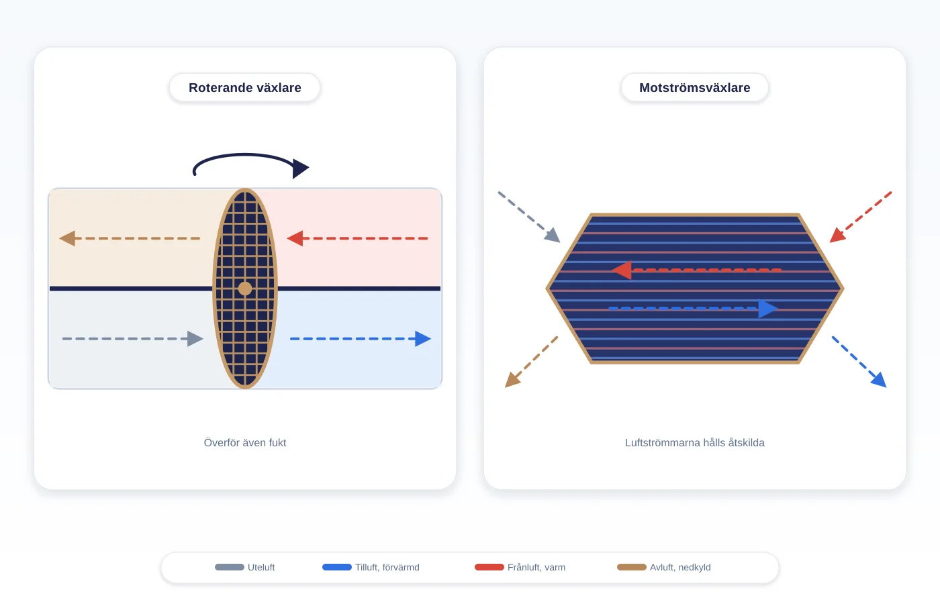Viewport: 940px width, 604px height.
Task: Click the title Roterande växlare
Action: point(244,88)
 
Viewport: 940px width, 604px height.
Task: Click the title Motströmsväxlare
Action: point(694,88)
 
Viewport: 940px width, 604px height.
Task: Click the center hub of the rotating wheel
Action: point(245,289)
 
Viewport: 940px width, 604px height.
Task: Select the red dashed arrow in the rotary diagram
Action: point(357,238)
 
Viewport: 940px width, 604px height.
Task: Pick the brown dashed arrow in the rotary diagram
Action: point(130,238)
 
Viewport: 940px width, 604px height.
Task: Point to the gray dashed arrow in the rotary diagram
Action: point(133,338)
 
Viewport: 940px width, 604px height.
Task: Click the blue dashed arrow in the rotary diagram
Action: point(361,338)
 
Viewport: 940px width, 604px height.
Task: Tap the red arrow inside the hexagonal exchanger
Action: point(697,270)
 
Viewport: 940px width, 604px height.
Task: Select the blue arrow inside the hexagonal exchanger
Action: point(693,309)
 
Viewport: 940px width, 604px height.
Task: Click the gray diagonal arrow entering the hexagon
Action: point(529,217)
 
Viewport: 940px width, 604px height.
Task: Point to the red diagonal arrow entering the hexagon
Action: point(861,217)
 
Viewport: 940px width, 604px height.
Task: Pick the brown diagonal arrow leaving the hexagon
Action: point(531,362)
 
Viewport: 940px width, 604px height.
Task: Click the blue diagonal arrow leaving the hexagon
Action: point(859,362)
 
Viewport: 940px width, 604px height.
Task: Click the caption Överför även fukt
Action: point(245,442)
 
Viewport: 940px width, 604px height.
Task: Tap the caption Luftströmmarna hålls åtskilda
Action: point(694,442)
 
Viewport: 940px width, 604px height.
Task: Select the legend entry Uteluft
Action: point(244,567)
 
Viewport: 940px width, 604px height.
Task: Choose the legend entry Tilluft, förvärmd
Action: point(371,567)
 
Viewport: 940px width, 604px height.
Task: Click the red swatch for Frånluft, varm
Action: point(489,567)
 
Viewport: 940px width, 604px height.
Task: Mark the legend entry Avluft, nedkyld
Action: point(663,567)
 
